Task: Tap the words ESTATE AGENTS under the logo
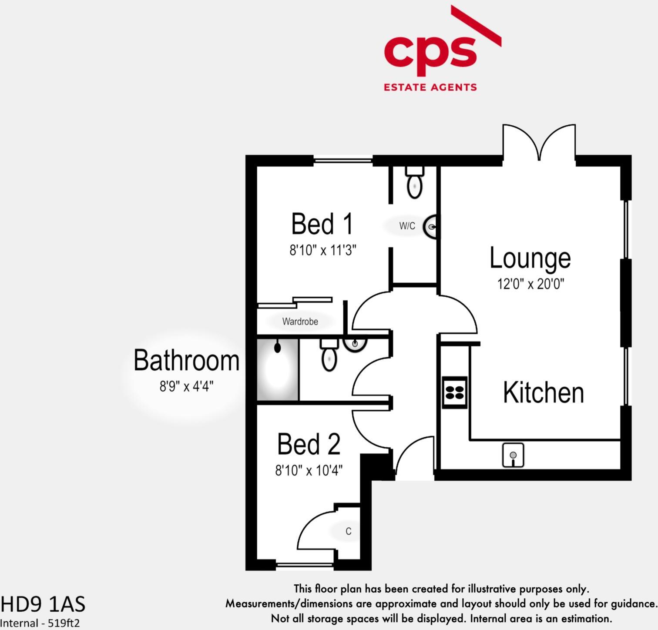click(430, 87)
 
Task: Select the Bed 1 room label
click(322, 224)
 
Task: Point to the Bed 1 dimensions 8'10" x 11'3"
click(323, 250)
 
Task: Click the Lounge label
click(530, 258)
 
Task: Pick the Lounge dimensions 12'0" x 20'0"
click(530, 284)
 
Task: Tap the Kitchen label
click(543, 392)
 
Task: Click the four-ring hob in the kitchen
click(455, 391)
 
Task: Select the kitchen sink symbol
click(513, 455)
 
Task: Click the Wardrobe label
click(300, 322)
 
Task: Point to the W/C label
click(407, 226)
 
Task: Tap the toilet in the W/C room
click(415, 183)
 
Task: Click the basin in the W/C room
click(431, 226)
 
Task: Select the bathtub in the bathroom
click(278, 370)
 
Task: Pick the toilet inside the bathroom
click(329, 354)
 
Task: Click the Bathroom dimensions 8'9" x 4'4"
click(186, 386)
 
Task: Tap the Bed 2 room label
click(309, 444)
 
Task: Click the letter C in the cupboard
click(348, 531)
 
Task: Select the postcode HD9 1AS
click(43, 604)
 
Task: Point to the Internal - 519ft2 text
click(40, 623)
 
